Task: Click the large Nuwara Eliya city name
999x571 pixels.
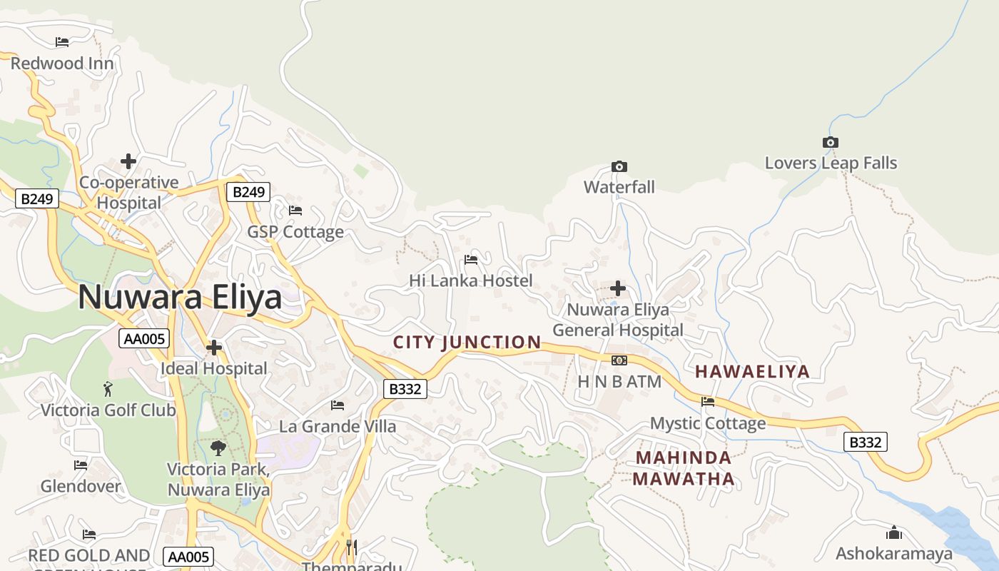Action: pos(180,297)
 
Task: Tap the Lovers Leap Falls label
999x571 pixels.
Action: pos(831,163)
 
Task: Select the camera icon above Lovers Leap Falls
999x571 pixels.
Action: pos(830,142)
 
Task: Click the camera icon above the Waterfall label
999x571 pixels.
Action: pos(619,166)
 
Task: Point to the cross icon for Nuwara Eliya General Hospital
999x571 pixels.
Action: pos(618,288)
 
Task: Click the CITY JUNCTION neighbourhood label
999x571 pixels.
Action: pos(467,342)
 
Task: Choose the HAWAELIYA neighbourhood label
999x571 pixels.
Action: pos(753,371)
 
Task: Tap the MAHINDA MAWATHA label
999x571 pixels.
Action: pos(684,468)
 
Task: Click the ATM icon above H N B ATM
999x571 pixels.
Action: pos(619,360)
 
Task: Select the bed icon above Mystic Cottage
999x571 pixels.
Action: pos(708,402)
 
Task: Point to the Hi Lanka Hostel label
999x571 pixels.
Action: pos(471,281)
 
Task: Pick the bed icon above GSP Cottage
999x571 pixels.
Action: pos(295,211)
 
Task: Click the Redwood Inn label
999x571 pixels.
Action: pos(62,63)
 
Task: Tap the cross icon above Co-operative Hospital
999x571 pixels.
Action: pos(128,161)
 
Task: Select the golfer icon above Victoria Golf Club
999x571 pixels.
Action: pos(108,389)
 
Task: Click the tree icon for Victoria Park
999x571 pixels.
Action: pos(218,448)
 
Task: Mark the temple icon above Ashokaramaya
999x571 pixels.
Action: pos(893,532)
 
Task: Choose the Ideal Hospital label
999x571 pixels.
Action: pos(214,368)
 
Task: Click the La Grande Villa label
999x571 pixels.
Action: pos(338,426)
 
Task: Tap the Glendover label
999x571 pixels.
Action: pos(81,486)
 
